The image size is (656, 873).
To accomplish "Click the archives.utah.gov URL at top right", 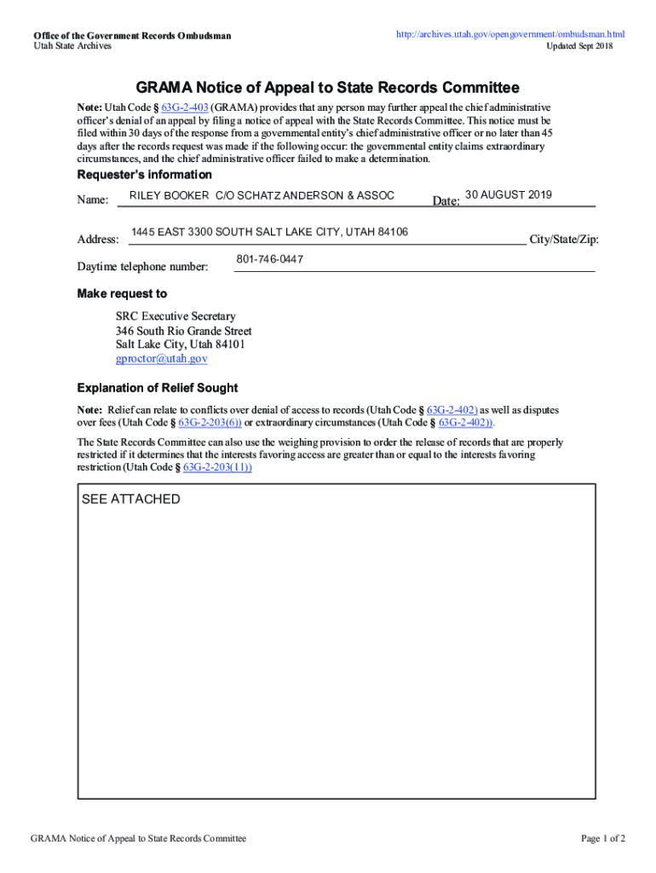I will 509,34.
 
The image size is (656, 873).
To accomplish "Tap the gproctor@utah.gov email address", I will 162,359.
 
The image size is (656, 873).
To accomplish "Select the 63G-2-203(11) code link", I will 217,468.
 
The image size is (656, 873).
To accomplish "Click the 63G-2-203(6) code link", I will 210,423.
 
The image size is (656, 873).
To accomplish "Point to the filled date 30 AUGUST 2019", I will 509,195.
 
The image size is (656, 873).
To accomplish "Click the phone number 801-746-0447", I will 269,259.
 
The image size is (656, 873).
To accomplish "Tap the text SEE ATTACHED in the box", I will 130,500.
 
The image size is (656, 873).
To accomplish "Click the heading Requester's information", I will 144,175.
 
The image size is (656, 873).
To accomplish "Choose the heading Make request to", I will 122,294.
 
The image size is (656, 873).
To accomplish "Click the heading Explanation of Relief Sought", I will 158,388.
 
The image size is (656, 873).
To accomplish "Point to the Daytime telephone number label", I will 142,268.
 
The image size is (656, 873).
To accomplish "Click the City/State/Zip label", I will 564,240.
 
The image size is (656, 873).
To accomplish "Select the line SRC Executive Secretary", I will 176,316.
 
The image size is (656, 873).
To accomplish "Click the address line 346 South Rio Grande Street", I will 183,331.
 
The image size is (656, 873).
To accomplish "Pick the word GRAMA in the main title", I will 163,88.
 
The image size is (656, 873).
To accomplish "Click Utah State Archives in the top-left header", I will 72,46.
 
